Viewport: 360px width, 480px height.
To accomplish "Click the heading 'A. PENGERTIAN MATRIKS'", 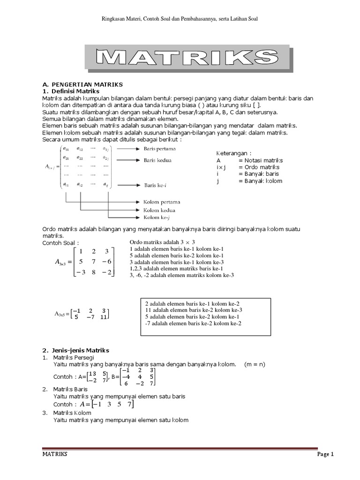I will (82, 84).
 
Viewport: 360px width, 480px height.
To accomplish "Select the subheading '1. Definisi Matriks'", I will (75, 91).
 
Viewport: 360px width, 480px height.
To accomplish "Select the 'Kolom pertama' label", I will (162, 202).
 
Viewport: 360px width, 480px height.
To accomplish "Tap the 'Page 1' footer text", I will (325, 454).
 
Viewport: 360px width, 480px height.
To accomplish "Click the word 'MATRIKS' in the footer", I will (55, 454).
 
